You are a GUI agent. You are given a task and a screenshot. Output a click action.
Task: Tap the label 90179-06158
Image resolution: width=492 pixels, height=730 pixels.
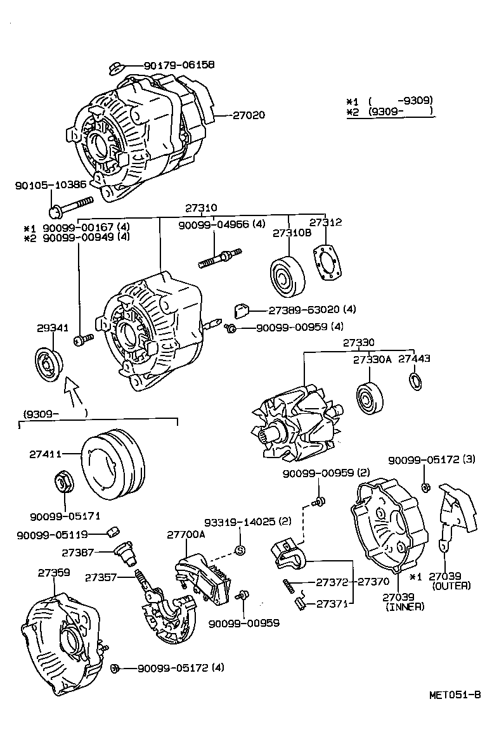point(179,65)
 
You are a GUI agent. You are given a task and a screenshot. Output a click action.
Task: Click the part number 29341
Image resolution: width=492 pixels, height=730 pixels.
point(52,328)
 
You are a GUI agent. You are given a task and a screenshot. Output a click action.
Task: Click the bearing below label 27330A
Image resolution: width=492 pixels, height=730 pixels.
point(368,397)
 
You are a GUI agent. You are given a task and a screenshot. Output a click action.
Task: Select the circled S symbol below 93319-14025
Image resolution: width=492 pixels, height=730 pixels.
point(240,549)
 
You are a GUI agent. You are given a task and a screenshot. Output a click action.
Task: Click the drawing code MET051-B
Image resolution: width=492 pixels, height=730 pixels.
point(452,695)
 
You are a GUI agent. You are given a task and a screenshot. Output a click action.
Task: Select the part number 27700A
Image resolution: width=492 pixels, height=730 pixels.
point(186,535)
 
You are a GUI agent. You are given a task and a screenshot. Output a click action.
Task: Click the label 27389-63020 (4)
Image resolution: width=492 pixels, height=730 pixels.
point(312,310)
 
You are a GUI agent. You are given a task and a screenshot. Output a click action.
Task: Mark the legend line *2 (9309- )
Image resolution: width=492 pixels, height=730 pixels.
point(389,112)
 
